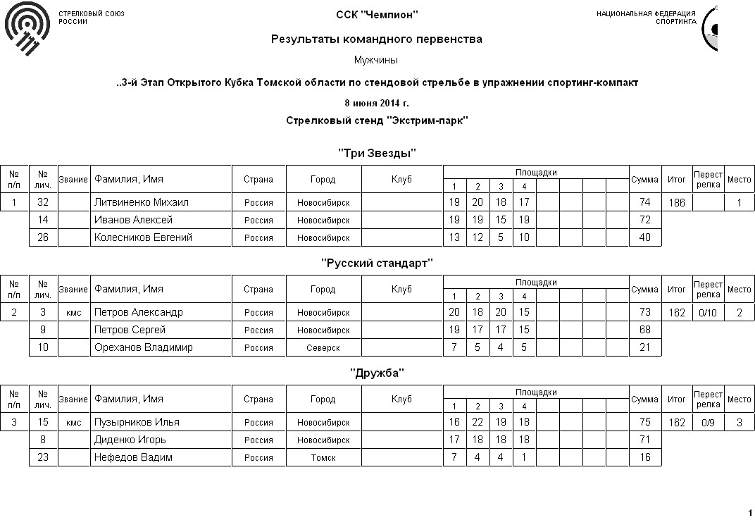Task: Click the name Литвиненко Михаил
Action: (142, 202)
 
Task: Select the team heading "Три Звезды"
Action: (377, 153)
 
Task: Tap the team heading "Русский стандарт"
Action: (377, 263)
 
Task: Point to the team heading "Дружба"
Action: (377, 373)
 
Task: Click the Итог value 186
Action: (677, 202)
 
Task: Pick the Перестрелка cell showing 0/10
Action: (708, 312)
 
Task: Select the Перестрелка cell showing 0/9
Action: (708, 422)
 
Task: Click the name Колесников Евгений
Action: (144, 237)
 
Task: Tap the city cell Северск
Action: (323, 347)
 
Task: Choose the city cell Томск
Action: (323, 457)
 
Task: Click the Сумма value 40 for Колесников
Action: (644, 237)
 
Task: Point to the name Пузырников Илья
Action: (137, 422)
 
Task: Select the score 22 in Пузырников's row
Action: (478, 422)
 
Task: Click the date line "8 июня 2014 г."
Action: (377, 104)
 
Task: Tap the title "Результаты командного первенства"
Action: (377, 39)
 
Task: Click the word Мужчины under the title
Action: (377, 61)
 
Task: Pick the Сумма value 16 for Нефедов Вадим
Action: (644, 457)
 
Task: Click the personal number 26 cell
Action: (43, 237)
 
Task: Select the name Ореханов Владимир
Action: (144, 347)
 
